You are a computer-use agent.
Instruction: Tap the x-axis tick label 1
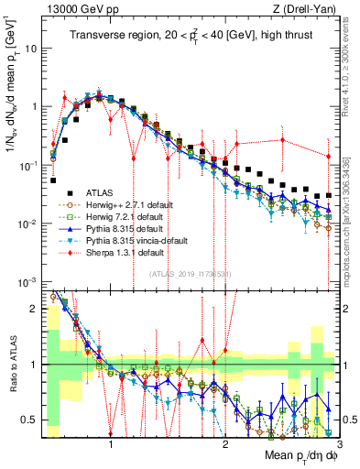pyautogui.click(x=111, y=444)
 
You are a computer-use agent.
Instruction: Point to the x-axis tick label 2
pyautogui.click(x=224, y=444)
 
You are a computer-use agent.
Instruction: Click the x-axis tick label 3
pyautogui.click(x=336, y=444)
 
